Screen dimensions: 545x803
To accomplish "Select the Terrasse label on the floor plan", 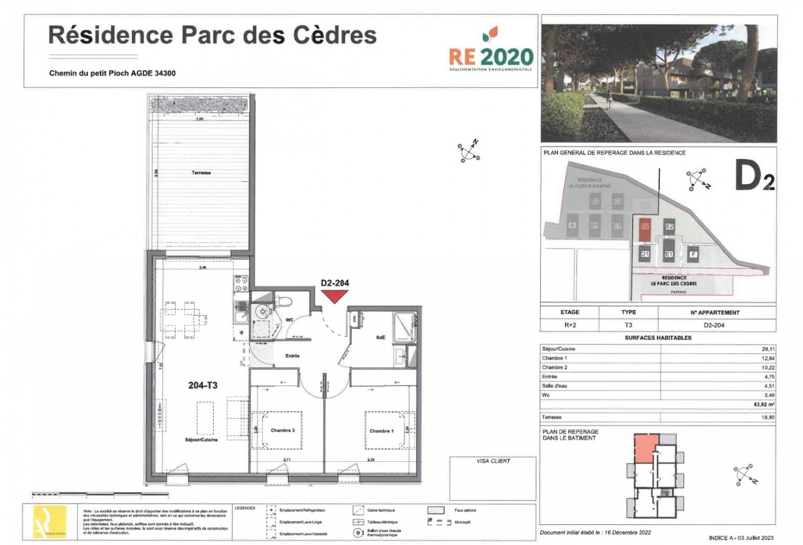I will tap(201, 173).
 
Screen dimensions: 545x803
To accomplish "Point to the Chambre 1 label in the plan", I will tap(381, 431).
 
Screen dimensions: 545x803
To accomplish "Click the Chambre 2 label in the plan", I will tap(283, 430).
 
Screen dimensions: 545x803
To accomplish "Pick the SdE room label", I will tap(381, 338).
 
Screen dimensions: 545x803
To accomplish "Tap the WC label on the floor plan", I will tap(289, 320).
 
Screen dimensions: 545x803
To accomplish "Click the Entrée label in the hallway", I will tap(293, 356).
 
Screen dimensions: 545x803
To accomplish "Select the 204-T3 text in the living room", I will tap(202, 386).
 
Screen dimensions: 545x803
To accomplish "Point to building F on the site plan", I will tap(693, 254).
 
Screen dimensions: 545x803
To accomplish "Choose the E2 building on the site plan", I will tap(669, 227).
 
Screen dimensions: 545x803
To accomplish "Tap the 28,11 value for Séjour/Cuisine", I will tap(767, 349).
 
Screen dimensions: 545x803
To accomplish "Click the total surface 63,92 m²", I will tap(764, 404).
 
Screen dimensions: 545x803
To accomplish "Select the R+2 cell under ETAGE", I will tap(570, 325).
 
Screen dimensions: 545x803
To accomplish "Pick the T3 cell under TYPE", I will tap(629, 325).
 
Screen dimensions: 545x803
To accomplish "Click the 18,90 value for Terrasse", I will tap(767, 418).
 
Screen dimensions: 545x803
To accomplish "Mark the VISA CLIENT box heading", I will tap(493, 461).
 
